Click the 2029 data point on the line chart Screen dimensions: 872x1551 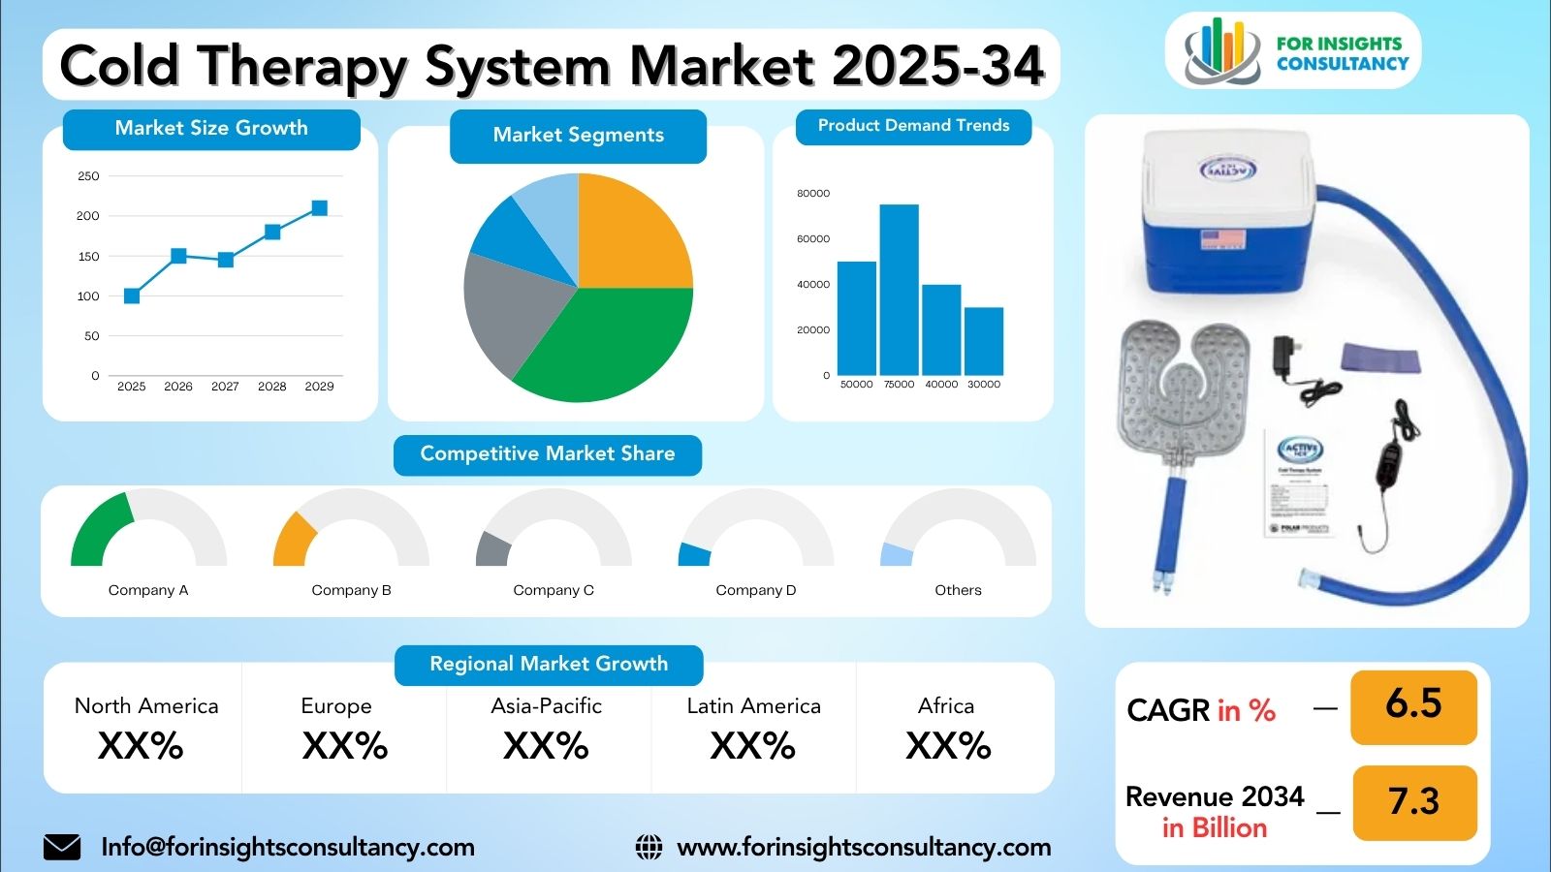(x=319, y=208)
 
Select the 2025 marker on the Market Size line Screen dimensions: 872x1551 (x=132, y=296)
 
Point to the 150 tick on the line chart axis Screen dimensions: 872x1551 (x=88, y=257)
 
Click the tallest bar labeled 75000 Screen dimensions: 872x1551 (x=899, y=290)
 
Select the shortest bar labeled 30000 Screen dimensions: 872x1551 (x=984, y=341)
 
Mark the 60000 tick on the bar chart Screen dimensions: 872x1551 (x=813, y=238)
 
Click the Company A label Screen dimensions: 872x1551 (x=148, y=590)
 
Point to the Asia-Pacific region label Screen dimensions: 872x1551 (x=546, y=706)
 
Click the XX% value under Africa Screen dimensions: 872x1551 (x=948, y=746)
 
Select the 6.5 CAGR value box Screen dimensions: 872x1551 (x=1413, y=704)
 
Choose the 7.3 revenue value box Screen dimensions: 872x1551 (x=1413, y=802)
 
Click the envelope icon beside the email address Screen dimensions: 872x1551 (x=62, y=848)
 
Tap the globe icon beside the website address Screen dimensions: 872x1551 (x=649, y=848)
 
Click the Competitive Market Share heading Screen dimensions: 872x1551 (x=548, y=454)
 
